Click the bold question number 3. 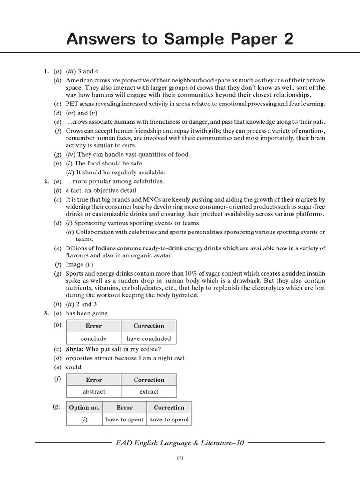coord(46,313)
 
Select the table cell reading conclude coord(94,338)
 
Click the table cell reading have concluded coord(149,338)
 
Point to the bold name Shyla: coord(75,349)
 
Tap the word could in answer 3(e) coord(74,367)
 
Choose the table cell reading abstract coord(94,391)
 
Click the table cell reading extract coord(149,391)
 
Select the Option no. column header coord(84,407)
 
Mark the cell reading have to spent coord(124,420)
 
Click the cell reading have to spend coord(169,420)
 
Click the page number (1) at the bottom coord(180,459)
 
